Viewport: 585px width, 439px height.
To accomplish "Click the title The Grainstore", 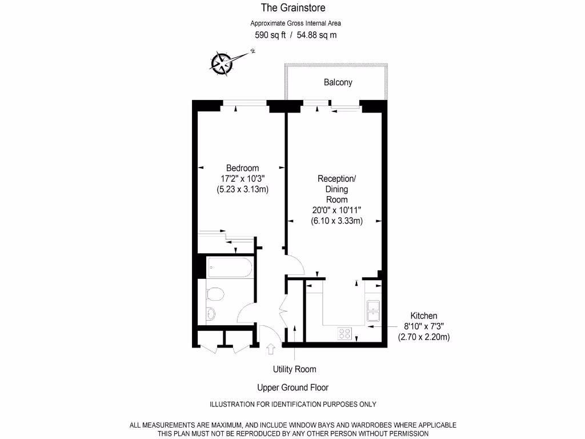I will tap(293, 7).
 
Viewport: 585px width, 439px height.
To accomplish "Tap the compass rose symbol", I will tap(221, 63).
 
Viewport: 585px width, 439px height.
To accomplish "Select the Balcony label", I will tap(338, 82).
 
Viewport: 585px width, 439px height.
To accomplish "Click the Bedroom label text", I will tap(242, 168).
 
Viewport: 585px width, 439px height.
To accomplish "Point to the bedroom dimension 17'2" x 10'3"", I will tap(242, 178).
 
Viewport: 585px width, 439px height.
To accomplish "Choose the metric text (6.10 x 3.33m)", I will tap(336, 221).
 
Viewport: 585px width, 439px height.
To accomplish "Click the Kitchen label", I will tap(424, 316).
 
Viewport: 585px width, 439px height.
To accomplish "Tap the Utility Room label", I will tap(294, 369).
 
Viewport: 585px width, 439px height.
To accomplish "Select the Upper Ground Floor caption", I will tap(292, 388).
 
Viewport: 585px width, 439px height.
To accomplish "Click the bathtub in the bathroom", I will tap(229, 267).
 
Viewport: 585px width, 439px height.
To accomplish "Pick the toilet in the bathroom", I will tap(215, 295).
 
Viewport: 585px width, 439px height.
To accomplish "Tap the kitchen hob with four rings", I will tap(344, 333).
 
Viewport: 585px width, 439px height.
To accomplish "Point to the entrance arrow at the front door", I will tap(271, 348).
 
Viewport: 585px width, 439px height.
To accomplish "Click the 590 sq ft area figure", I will tap(270, 35).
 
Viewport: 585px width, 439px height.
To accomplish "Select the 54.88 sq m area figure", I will tap(317, 35).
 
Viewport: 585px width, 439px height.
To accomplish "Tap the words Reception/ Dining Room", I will tap(336, 189).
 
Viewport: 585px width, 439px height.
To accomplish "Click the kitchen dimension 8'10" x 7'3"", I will tap(424, 326).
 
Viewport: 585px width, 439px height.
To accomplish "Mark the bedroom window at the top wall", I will tap(245, 103).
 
